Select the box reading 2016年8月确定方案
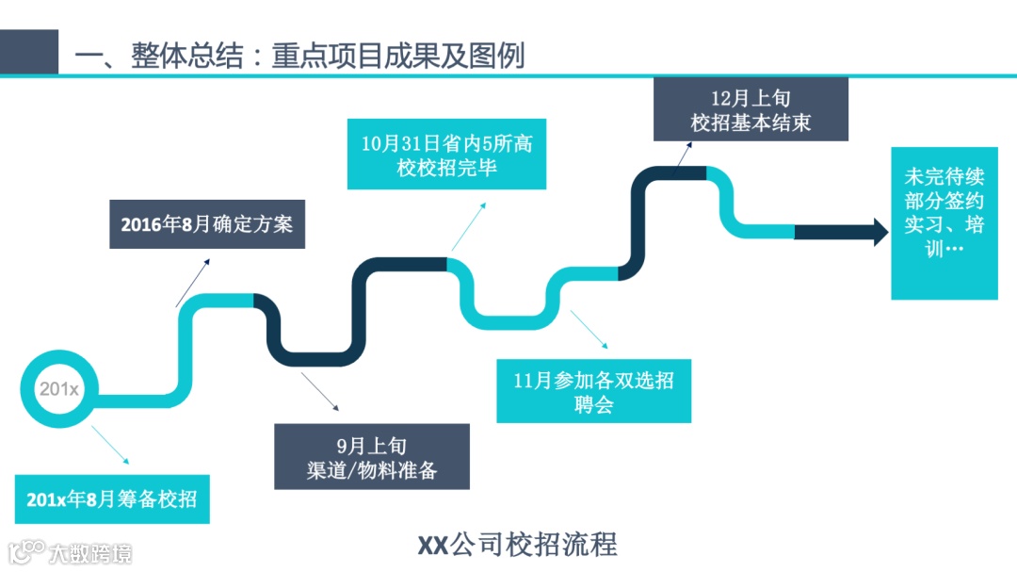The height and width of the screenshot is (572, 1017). (207, 224)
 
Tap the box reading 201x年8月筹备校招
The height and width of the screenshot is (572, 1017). (112, 498)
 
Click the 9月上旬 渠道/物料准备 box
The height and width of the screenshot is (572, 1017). (371, 457)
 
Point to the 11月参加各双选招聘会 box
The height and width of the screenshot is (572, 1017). (593, 392)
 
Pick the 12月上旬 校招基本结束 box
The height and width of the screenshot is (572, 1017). (751, 109)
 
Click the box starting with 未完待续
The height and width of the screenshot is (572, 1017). (944, 223)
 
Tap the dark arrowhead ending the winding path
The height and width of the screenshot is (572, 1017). (880, 232)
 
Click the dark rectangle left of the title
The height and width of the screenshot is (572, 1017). (28, 52)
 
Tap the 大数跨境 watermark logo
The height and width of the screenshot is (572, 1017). (70, 552)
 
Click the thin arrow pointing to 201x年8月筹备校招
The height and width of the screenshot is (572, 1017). (110, 444)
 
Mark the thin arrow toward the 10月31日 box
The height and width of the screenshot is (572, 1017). (468, 226)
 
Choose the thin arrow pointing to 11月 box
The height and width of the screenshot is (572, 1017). (592, 329)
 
